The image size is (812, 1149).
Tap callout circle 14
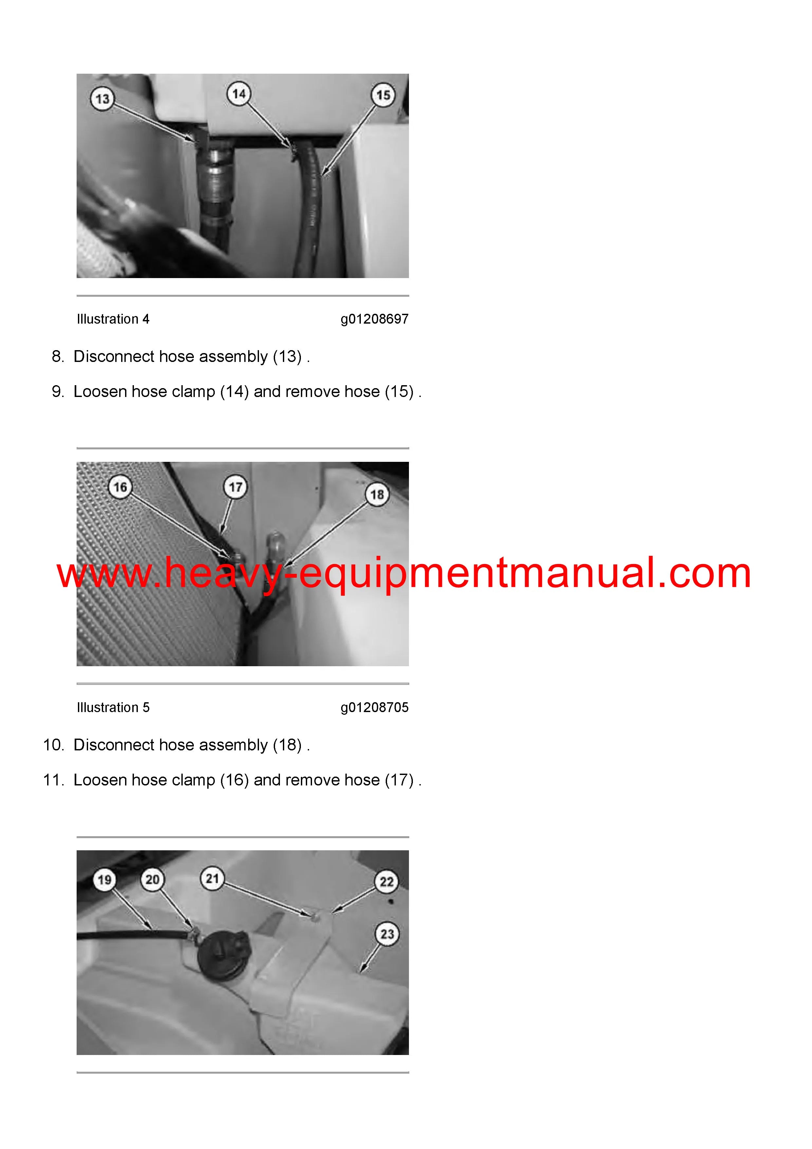[x=239, y=94]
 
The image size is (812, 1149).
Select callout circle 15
[x=383, y=95]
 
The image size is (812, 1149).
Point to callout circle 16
[x=120, y=487]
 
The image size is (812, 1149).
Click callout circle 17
[x=236, y=487]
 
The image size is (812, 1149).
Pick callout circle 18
[x=377, y=495]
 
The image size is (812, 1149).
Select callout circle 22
[x=387, y=882]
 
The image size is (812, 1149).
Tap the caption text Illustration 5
[x=113, y=707]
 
